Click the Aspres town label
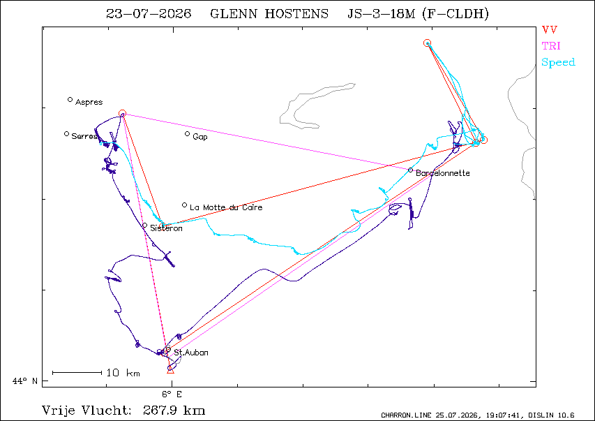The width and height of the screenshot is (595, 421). click(x=89, y=102)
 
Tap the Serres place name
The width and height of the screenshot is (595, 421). click(x=84, y=136)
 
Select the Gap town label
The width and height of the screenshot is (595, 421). click(x=200, y=137)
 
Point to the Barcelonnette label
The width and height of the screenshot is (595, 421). click(x=443, y=173)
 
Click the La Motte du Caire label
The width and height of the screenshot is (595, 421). click(x=226, y=207)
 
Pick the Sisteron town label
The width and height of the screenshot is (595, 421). click(x=166, y=228)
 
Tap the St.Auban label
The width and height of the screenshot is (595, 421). click(x=191, y=353)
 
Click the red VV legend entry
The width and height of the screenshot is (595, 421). click(x=550, y=29)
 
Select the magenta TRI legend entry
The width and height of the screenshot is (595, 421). click(x=551, y=46)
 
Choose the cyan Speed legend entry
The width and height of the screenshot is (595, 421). click(x=558, y=62)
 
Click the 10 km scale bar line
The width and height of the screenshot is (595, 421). click(x=77, y=373)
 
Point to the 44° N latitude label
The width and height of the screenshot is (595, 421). click(x=25, y=381)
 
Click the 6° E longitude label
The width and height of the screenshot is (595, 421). click(x=172, y=394)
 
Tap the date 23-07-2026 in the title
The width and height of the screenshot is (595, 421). click(x=149, y=14)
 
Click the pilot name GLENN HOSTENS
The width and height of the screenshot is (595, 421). click(x=269, y=14)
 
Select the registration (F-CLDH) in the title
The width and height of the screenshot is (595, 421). click(x=455, y=14)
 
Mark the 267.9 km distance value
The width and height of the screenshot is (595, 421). click(x=174, y=411)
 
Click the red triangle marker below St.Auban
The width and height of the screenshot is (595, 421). click(x=170, y=370)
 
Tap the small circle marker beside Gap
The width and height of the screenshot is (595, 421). click(x=187, y=134)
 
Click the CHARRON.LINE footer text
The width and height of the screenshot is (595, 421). click(x=406, y=415)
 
